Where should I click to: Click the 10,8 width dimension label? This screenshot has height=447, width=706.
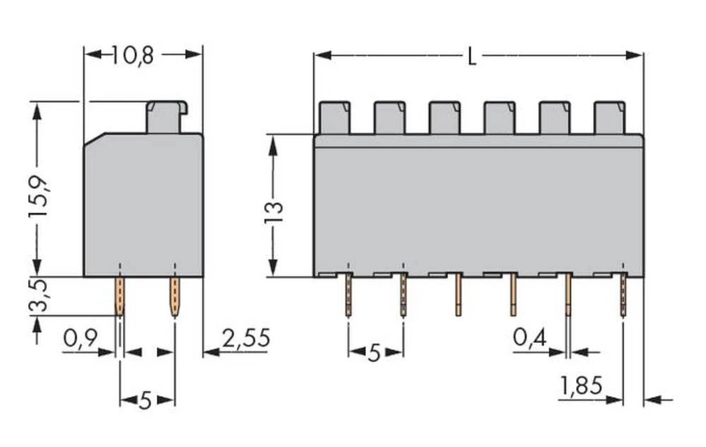[x=133, y=55]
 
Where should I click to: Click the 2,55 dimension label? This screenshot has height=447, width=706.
[x=245, y=339]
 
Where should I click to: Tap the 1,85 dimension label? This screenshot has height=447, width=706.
[x=581, y=386]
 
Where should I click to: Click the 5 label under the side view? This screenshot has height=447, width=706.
[x=145, y=401]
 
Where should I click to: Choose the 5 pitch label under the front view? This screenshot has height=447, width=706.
[x=374, y=352]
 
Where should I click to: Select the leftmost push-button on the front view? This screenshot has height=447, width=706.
[x=334, y=118]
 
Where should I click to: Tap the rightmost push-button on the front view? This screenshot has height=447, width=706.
[x=609, y=118]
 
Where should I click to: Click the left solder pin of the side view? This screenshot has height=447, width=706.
[x=120, y=295]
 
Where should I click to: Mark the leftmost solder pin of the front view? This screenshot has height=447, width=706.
[x=348, y=295]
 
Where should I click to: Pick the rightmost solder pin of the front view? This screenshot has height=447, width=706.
[x=623, y=295]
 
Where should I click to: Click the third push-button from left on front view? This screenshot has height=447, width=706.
[x=444, y=118]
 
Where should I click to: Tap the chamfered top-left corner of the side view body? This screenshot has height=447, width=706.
[x=90, y=141]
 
